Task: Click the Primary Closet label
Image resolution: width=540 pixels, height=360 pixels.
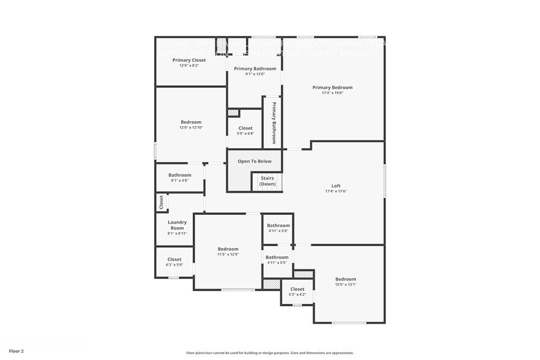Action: coord(189,60)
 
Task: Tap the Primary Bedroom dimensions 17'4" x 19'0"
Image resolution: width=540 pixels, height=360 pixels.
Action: coord(332,93)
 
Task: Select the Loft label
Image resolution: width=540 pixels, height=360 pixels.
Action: coord(336,186)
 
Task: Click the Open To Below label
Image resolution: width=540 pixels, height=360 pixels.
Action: coord(255,161)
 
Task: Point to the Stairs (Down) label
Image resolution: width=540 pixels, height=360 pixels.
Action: coord(268,181)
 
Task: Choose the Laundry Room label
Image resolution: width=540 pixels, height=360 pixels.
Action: coord(177,225)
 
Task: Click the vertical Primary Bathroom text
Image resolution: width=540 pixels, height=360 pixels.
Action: coord(274,122)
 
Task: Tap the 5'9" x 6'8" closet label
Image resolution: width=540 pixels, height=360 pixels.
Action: coord(245,133)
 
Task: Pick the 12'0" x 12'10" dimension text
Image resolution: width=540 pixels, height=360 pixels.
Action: coord(190,127)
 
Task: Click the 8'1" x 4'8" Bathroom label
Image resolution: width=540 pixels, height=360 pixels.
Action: coord(179,175)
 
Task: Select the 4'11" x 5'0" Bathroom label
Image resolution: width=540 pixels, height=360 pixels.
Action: coord(278,225)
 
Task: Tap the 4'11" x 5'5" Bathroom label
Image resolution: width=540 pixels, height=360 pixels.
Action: coord(277,257)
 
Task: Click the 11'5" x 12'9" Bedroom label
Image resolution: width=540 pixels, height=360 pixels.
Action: coord(228,249)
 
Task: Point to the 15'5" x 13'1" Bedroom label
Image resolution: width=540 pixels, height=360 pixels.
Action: coord(345,279)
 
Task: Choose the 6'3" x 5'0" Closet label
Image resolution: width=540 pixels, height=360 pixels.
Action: coord(174,259)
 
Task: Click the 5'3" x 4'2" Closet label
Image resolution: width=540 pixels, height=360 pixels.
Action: coord(297,289)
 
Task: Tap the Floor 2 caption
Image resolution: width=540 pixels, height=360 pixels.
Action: coord(17,351)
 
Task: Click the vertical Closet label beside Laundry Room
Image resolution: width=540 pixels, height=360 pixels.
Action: coord(161,202)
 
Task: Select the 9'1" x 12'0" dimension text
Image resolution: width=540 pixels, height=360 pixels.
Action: coord(255,74)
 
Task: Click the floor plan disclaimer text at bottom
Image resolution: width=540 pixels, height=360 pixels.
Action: coord(269,353)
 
